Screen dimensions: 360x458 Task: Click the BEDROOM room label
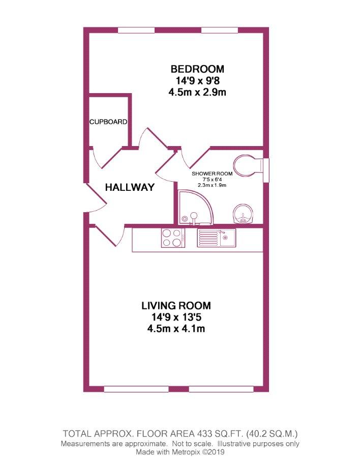[197, 69]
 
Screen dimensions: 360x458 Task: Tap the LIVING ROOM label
[176, 306]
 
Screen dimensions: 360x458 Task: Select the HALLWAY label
[130, 187]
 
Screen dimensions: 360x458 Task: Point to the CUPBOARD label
[108, 122]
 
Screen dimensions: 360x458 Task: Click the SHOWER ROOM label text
[212, 174]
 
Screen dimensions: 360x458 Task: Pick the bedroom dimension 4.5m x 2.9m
[197, 92]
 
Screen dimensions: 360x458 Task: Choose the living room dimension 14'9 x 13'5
[176, 317]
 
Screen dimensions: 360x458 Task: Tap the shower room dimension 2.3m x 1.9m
[212, 185]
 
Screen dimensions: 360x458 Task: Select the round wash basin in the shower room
[244, 214]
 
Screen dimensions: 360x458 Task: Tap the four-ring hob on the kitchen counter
[173, 238]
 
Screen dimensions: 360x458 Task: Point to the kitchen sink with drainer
[216, 238]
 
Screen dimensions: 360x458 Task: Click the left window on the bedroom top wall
[136, 30]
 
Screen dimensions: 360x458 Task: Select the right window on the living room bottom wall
[221, 389]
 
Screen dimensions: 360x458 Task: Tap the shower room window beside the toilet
[266, 170]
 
